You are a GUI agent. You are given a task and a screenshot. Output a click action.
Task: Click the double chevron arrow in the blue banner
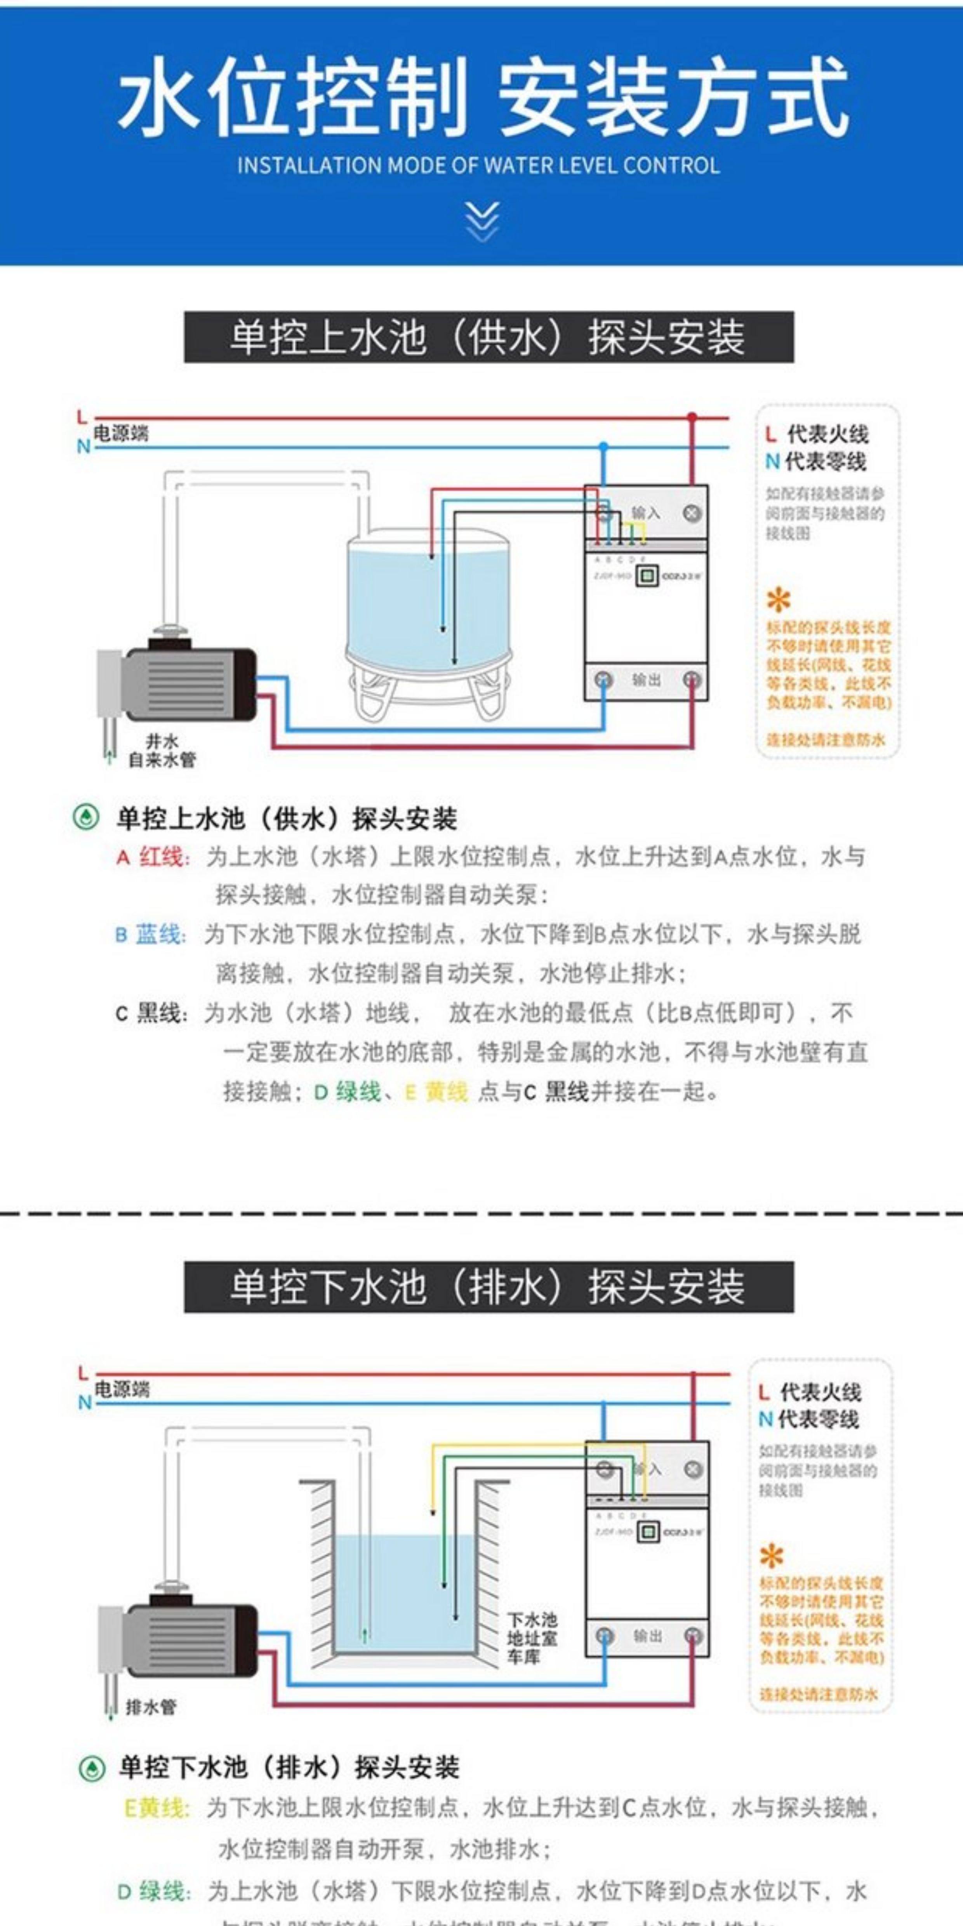[481, 221]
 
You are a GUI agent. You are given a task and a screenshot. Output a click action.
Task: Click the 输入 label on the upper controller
[646, 513]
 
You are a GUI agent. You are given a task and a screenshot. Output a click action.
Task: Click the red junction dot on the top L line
[692, 417]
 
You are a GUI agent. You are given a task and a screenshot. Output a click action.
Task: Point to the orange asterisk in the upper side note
[778, 600]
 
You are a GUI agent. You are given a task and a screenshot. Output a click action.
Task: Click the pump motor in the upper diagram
[191, 684]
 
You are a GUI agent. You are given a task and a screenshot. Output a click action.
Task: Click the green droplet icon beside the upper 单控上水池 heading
[86, 817]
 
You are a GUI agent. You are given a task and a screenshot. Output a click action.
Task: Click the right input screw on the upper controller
[692, 513]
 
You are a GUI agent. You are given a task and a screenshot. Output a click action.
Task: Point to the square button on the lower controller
[647, 1532]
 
